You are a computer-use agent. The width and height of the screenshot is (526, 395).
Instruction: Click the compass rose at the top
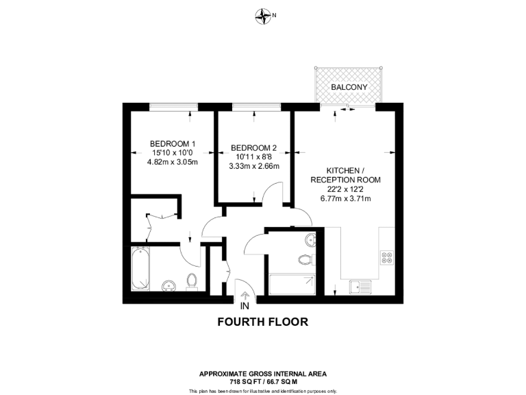pos(263,14)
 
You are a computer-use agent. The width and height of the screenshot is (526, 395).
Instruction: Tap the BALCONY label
pos(349,87)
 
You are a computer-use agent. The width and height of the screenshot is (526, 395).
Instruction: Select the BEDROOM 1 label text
pos(173,143)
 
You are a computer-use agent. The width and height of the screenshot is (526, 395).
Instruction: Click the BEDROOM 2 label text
pos(254,147)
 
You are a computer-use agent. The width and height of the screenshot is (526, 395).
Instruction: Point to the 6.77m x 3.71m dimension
pos(346,199)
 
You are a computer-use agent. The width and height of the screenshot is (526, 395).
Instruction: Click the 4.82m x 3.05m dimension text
pos(173,163)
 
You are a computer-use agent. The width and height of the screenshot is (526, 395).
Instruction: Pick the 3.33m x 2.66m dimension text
pos(254,165)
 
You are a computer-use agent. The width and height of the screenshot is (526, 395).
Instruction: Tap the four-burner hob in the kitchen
pos(386,258)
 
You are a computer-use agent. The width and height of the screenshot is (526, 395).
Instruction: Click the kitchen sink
pos(360,285)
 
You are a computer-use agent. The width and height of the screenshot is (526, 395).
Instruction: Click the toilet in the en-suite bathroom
pos(192,281)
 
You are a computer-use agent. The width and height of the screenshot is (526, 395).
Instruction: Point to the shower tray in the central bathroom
pos(292,285)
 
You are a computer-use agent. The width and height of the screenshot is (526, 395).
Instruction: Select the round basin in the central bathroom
pos(311,240)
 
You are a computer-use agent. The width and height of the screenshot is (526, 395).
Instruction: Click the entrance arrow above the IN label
pos(245,295)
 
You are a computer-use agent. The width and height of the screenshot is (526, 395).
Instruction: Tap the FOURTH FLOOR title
pos(262,321)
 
